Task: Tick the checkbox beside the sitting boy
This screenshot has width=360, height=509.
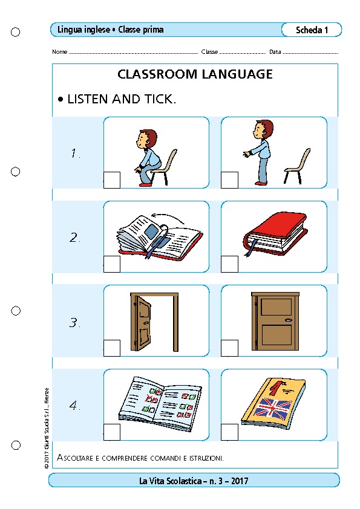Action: (x=112, y=180)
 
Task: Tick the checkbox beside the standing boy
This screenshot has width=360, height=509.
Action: (x=229, y=180)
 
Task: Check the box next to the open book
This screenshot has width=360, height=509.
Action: (x=112, y=264)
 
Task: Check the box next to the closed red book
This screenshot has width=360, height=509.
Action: (x=229, y=264)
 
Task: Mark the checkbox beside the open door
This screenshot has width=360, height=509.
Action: (x=112, y=348)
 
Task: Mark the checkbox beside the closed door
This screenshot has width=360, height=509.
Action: (x=229, y=348)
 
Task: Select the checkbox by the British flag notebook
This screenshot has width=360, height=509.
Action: (x=229, y=432)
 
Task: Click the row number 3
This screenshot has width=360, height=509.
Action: (x=74, y=323)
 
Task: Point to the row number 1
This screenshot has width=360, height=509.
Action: (x=75, y=153)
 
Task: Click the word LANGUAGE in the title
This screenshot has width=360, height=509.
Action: (x=237, y=74)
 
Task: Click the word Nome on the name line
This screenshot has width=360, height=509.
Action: (x=59, y=51)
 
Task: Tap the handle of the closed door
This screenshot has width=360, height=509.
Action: (x=288, y=320)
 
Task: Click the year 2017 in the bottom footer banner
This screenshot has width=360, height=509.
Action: (x=240, y=481)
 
